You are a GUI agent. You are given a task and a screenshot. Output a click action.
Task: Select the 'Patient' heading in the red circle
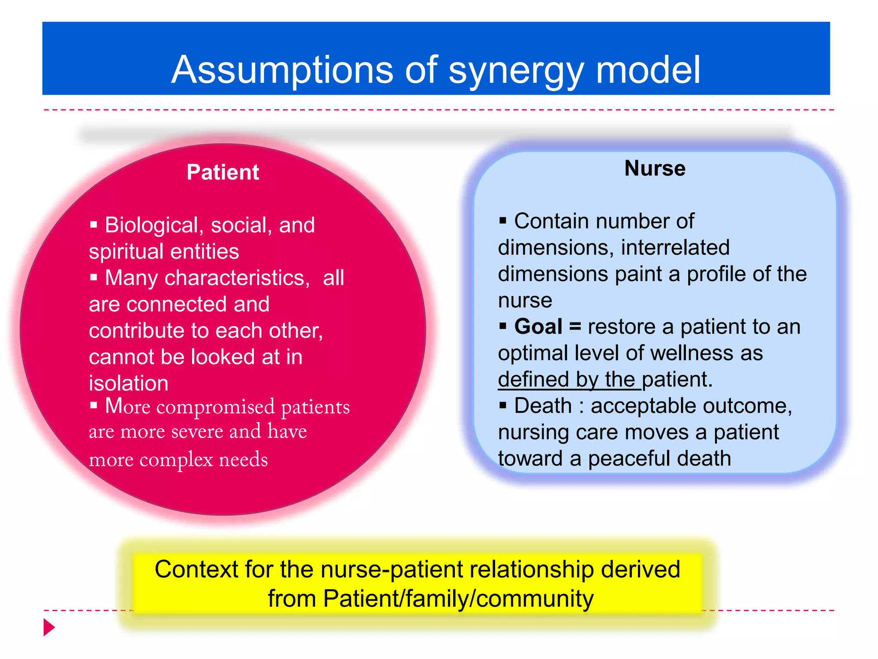[223, 172]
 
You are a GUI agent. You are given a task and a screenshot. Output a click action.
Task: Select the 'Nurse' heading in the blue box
[655, 168]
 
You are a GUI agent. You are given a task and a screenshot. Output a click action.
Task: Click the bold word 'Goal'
[538, 326]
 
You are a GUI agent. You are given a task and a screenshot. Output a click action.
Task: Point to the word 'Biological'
[151, 225]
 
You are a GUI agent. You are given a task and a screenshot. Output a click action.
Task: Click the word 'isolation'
[129, 383]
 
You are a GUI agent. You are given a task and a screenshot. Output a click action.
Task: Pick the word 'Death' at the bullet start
[543, 406]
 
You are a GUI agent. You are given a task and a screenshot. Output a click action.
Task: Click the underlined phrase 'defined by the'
[569, 380]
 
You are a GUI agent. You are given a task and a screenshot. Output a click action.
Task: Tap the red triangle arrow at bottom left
[49, 627]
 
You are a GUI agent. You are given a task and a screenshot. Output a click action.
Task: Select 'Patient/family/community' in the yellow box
[458, 599]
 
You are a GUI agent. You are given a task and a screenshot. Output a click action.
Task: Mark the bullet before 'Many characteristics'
[94, 278]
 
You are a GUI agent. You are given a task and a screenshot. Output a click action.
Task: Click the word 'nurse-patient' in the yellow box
[392, 570]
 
